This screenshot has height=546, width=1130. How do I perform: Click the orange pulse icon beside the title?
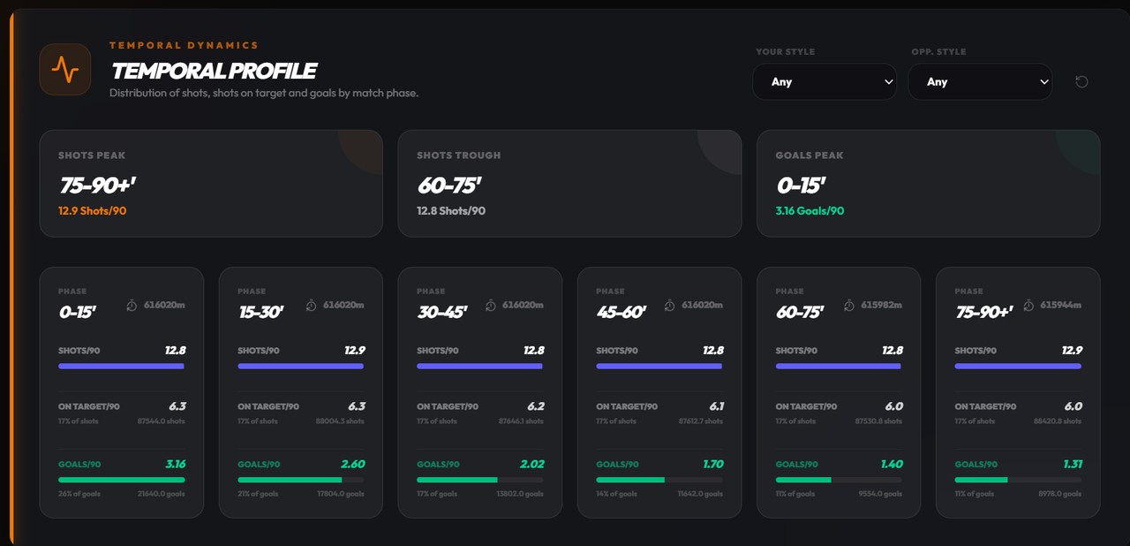tap(65, 69)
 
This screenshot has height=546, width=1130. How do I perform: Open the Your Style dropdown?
tap(824, 81)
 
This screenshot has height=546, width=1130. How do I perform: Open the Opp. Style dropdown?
tap(979, 81)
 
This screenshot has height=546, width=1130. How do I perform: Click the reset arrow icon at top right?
tap(1081, 81)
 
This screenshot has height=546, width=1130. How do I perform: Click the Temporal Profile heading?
tap(213, 71)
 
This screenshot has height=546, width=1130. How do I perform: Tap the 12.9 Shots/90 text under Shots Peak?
tap(92, 211)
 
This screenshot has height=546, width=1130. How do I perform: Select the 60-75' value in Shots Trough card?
tap(448, 186)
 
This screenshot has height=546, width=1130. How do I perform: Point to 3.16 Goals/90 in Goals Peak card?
tap(810, 211)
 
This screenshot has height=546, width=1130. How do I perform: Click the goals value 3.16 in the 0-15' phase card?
tap(175, 464)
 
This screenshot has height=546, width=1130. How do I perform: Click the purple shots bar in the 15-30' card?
tap(300, 366)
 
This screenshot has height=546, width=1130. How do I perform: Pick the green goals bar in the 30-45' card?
tap(457, 480)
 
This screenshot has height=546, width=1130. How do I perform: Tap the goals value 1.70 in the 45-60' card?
tap(712, 464)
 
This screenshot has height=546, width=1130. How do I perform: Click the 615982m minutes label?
tap(880, 306)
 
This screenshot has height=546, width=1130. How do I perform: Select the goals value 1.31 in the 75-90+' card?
tap(1071, 464)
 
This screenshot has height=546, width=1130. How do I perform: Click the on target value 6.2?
tap(534, 406)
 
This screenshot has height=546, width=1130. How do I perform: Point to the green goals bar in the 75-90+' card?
tap(981, 480)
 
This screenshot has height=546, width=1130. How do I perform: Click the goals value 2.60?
tap(353, 464)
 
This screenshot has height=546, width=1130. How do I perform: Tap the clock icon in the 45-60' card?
tap(669, 306)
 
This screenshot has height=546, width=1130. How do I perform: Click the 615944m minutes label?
tap(1059, 306)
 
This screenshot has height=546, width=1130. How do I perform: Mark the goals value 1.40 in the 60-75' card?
tap(891, 464)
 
